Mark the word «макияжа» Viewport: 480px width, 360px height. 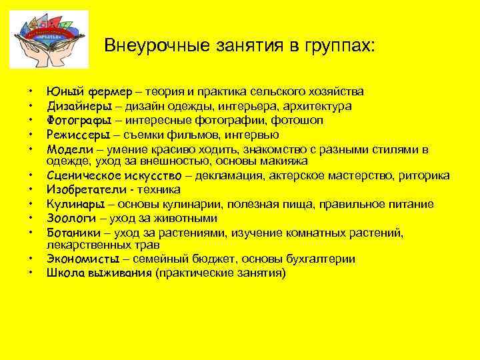284,161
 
